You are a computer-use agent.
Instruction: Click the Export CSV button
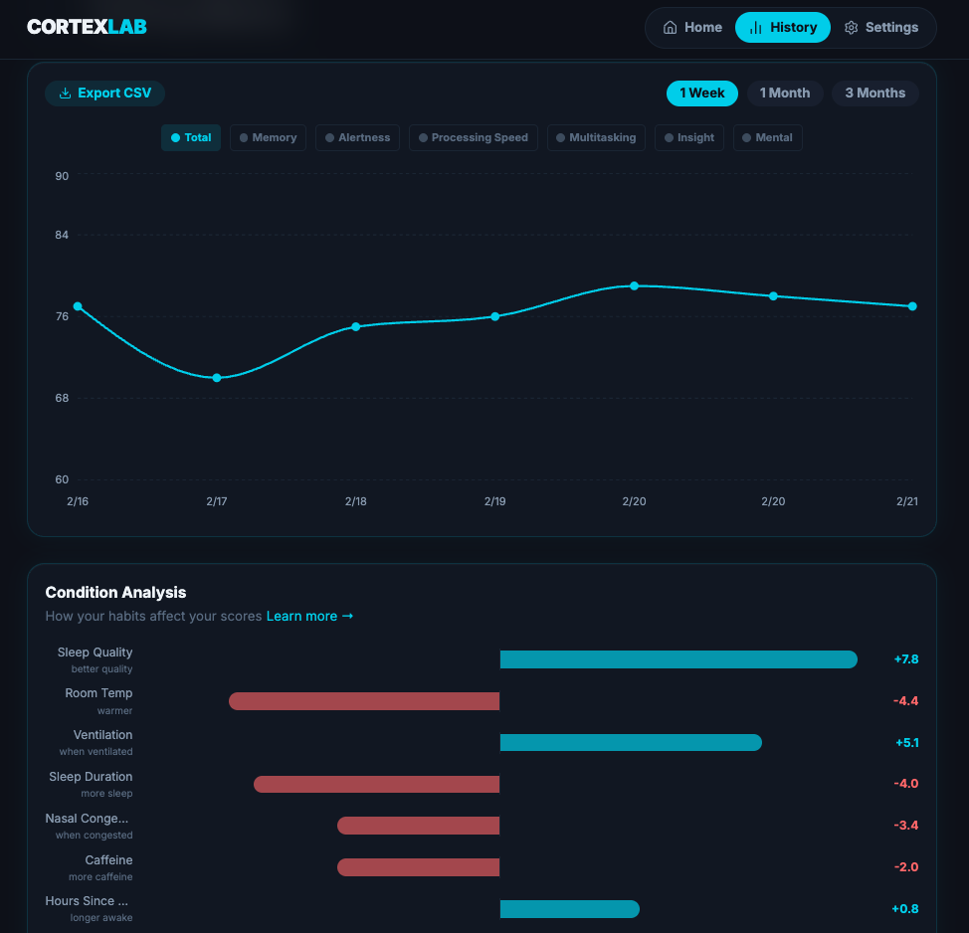click(x=104, y=93)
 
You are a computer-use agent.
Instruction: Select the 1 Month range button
click(x=785, y=93)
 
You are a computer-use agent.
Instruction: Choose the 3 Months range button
click(x=874, y=93)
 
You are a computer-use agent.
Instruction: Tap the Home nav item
click(x=692, y=28)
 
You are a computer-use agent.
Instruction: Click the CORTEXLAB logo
click(x=87, y=27)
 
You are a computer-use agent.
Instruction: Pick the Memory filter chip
click(x=268, y=137)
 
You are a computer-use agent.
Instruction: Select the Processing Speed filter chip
click(x=474, y=137)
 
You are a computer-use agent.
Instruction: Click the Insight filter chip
click(x=689, y=137)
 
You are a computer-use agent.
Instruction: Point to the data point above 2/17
click(x=217, y=378)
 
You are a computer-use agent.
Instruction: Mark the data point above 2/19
click(x=495, y=316)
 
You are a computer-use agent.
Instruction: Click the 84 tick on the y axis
click(x=62, y=235)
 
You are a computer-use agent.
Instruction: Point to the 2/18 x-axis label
click(x=356, y=501)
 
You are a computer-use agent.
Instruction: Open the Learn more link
click(x=309, y=617)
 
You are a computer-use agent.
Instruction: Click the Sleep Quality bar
click(x=678, y=659)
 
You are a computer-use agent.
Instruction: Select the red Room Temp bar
click(x=364, y=701)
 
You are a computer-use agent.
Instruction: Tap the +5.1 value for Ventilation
click(x=905, y=742)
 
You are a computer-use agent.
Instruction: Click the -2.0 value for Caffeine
click(x=905, y=867)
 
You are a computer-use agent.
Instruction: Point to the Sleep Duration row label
click(x=91, y=777)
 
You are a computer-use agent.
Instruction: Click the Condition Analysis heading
click(x=115, y=593)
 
